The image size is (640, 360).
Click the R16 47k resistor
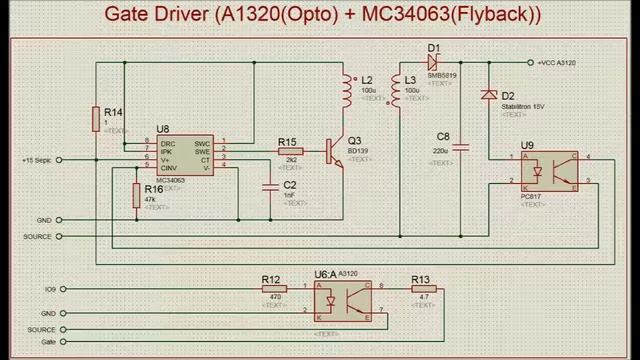(136, 195)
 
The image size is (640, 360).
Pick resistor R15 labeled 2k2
(290, 151)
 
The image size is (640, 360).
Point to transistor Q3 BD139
(332, 151)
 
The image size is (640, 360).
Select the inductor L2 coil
(349, 91)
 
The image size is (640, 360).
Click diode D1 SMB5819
(433, 62)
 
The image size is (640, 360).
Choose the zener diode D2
(488, 95)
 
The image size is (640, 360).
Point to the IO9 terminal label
(49, 289)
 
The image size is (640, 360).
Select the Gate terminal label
(47, 341)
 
